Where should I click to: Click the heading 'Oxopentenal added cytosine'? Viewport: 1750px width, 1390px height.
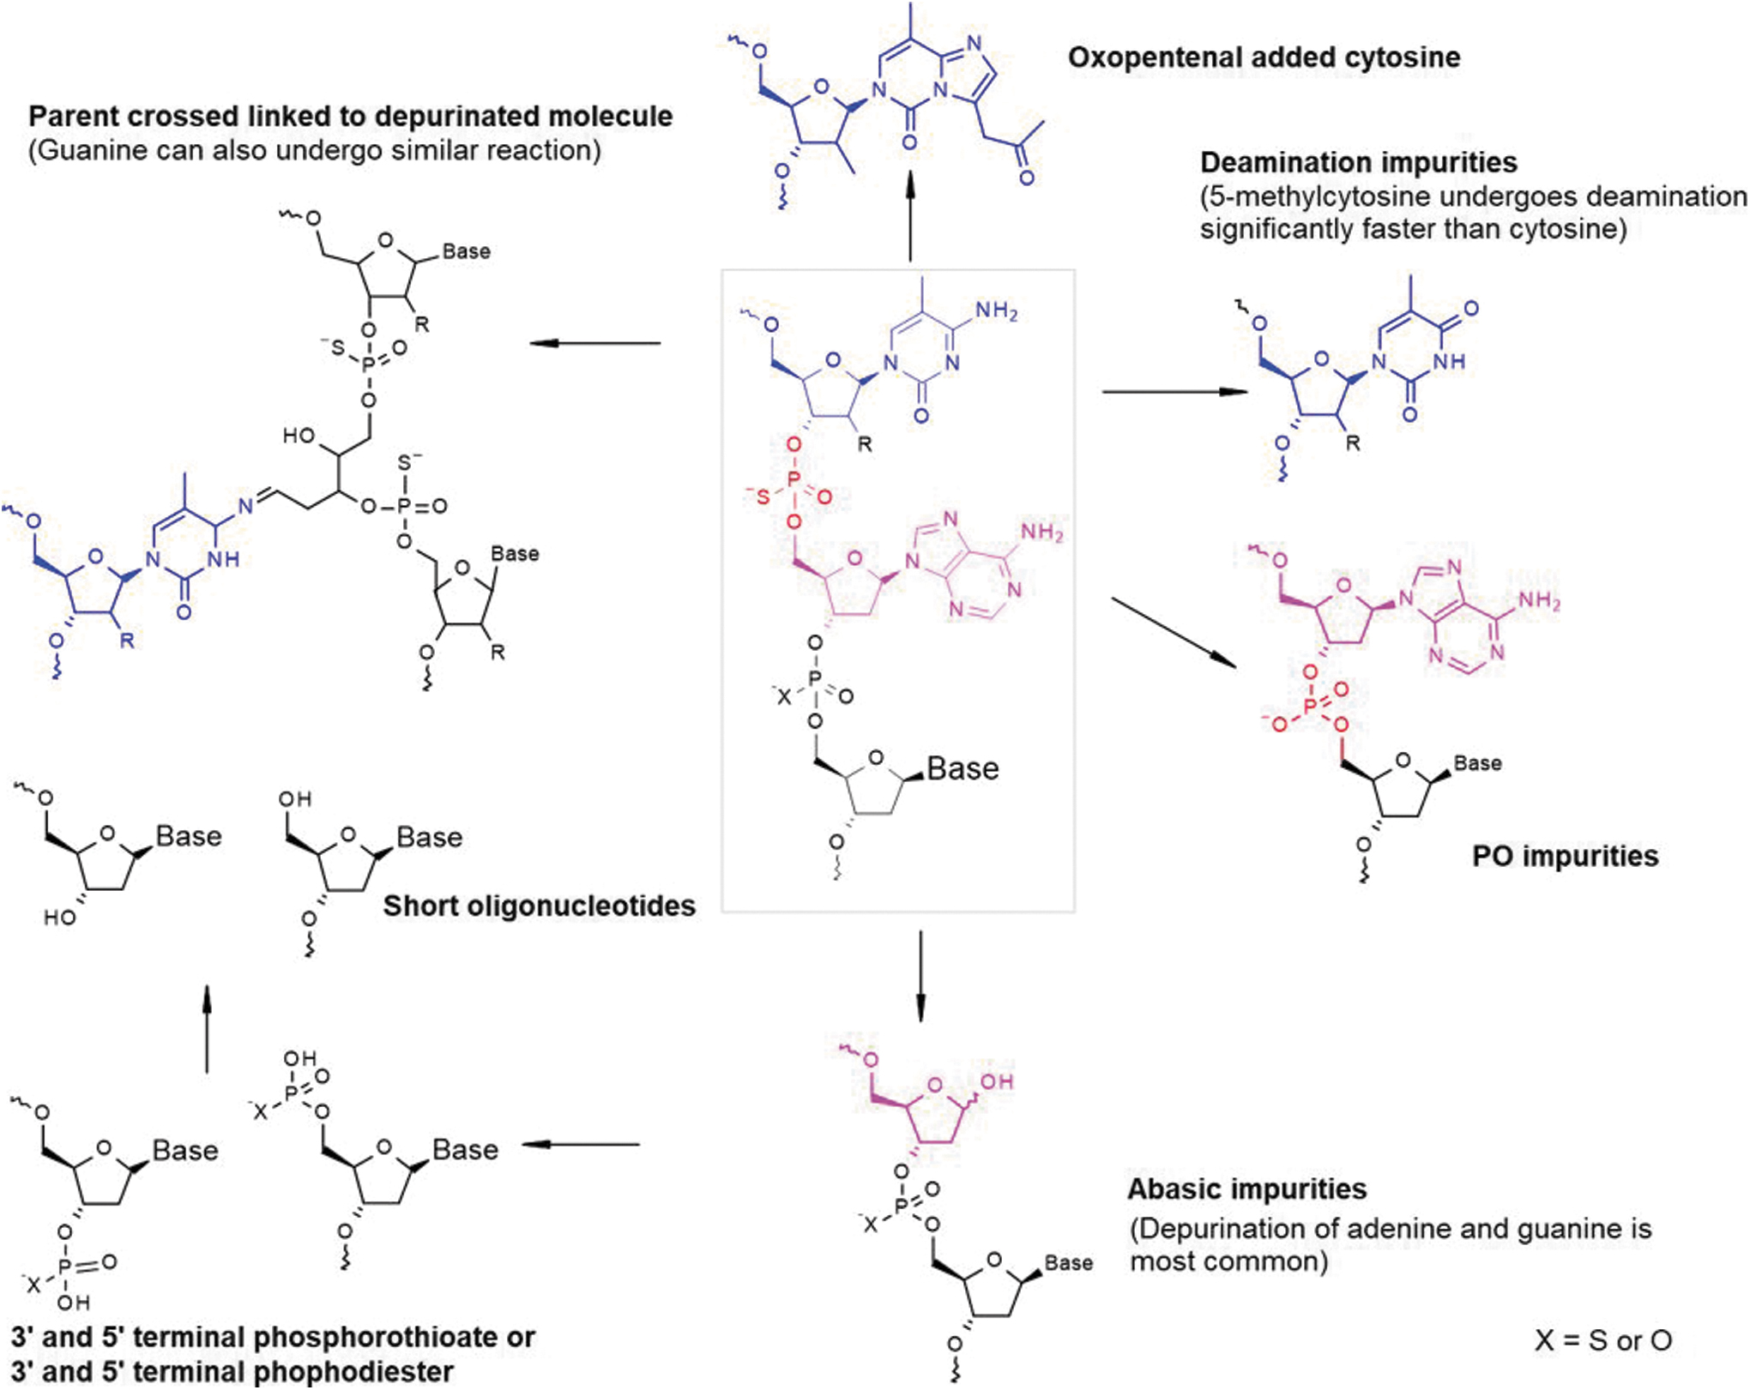(x=1264, y=58)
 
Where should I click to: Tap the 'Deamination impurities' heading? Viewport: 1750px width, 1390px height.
(x=1358, y=162)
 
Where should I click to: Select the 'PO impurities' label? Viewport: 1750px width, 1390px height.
(x=1566, y=856)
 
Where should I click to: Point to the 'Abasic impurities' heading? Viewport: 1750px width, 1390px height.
(x=1246, y=1189)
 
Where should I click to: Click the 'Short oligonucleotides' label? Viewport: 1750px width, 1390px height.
(x=539, y=906)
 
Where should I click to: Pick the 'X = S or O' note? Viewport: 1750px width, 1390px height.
(x=1603, y=1339)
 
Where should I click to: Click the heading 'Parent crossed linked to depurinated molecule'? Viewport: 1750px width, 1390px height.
(x=350, y=117)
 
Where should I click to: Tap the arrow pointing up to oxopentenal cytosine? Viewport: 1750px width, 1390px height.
(x=910, y=214)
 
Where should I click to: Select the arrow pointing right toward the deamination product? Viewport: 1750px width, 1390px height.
(x=1174, y=392)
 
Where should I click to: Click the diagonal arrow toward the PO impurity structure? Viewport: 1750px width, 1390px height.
(x=1174, y=632)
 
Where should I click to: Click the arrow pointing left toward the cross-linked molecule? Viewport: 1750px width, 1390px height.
(x=595, y=343)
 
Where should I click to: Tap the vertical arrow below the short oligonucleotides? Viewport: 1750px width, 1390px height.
(x=207, y=1029)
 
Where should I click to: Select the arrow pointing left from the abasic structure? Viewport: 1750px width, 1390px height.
(x=581, y=1144)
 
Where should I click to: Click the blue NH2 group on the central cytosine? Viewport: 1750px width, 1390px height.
(x=996, y=311)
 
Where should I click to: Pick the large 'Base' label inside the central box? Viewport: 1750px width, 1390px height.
(x=962, y=768)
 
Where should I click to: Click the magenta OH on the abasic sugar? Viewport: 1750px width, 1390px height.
(x=997, y=1081)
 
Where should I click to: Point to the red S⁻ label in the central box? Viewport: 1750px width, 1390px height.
(x=759, y=496)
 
